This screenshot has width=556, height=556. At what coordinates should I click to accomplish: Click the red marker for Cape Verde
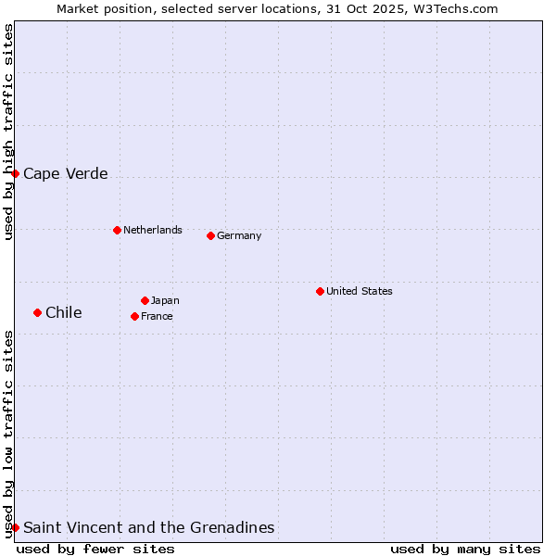(15, 173)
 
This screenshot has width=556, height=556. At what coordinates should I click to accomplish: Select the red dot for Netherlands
(117, 230)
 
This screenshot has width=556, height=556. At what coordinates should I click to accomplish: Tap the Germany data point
(210, 235)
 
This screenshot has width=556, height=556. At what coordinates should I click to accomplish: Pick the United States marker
(320, 291)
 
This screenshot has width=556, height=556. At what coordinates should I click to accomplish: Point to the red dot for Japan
(145, 300)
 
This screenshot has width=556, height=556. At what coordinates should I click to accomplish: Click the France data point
(134, 316)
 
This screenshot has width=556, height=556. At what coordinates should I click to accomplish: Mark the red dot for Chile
(37, 312)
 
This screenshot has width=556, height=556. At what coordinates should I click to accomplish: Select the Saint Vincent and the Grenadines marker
(15, 527)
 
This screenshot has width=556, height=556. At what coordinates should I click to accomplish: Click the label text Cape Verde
(66, 174)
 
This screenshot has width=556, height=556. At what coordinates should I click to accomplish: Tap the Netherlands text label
(153, 230)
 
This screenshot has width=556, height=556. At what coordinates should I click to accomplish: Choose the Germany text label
(239, 235)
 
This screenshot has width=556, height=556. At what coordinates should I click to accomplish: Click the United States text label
(360, 291)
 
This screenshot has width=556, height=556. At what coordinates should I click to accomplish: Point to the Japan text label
(165, 300)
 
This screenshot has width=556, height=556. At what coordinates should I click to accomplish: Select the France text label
(157, 316)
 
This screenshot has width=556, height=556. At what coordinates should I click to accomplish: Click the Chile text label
(64, 313)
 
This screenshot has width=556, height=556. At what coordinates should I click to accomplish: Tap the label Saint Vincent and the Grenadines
(149, 528)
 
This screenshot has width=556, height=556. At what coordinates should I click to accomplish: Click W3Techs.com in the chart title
(454, 9)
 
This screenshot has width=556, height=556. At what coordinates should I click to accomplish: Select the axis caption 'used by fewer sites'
(95, 549)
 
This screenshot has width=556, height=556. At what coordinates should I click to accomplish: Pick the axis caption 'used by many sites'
(465, 549)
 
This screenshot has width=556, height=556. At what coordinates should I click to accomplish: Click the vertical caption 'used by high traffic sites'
(9, 132)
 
